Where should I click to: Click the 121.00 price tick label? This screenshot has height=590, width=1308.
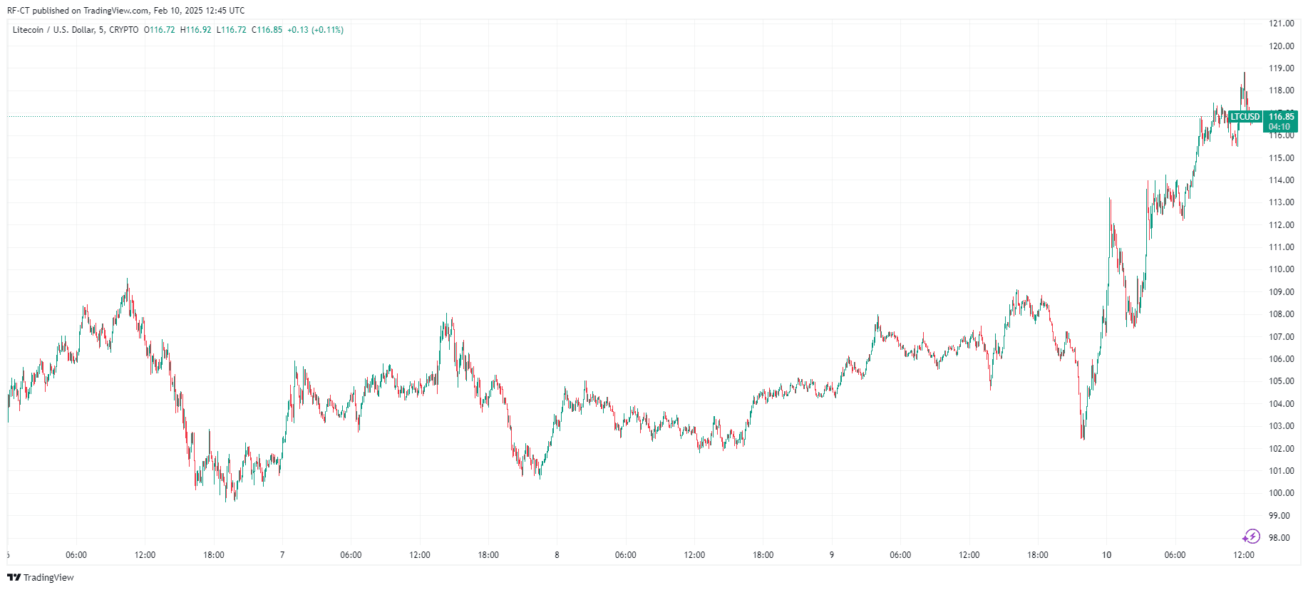[1281, 24]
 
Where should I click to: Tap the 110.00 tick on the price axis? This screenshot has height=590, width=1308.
[1281, 269]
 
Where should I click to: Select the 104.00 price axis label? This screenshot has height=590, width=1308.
[1281, 404]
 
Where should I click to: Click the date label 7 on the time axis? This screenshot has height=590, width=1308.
[282, 555]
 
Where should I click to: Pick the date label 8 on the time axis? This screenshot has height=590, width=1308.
[557, 555]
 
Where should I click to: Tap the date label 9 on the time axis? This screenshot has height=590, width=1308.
[831, 555]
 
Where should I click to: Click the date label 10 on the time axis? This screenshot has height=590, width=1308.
[1106, 555]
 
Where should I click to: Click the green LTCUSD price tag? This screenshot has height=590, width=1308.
[1245, 117]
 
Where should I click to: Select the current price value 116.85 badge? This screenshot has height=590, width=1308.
[1281, 117]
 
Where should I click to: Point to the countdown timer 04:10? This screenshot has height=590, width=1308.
[1279, 127]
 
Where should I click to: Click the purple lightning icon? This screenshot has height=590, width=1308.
[1251, 537]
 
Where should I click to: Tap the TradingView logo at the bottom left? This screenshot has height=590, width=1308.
[41, 577]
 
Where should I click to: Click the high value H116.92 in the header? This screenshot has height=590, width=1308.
[196, 30]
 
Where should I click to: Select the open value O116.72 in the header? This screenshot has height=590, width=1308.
[160, 30]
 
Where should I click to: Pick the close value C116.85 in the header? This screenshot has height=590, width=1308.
[267, 30]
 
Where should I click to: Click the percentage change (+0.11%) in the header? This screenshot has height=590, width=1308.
[328, 30]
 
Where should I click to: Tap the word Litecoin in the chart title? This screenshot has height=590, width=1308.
[29, 30]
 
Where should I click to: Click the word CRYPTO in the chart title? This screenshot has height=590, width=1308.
[125, 30]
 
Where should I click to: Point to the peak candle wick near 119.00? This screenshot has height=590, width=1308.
[1245, 73]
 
